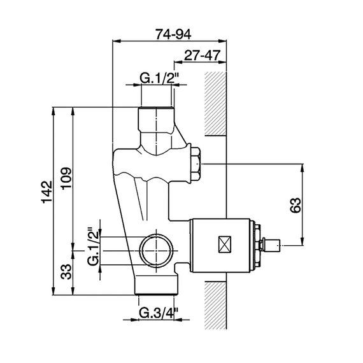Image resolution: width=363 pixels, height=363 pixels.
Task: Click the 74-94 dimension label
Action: click(x=173, y=34)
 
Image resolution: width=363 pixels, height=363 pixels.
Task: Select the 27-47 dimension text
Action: click(x=202, y=55)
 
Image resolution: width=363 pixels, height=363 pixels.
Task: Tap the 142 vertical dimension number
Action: click(x=47, y=192)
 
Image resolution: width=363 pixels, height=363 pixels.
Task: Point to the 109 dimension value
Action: click(x=67, y=178)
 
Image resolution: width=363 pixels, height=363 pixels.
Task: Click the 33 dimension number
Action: click(x=66, y=271)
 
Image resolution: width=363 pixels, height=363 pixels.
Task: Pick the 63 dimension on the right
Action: click(x=295, y=205)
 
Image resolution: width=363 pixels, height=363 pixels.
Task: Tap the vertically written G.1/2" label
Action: click(x=94, y=246)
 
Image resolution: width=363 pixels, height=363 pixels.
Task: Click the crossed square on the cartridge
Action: click(x=225, y=245)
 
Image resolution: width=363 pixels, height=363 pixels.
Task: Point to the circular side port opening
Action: click(x=157, y=251)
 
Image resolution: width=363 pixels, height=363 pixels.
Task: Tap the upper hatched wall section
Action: click(x=215, y=104)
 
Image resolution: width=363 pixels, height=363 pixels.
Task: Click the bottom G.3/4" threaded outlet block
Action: click(x=157, y=285)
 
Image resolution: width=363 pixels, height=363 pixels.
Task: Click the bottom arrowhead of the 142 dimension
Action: click(x=53, y=290)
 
